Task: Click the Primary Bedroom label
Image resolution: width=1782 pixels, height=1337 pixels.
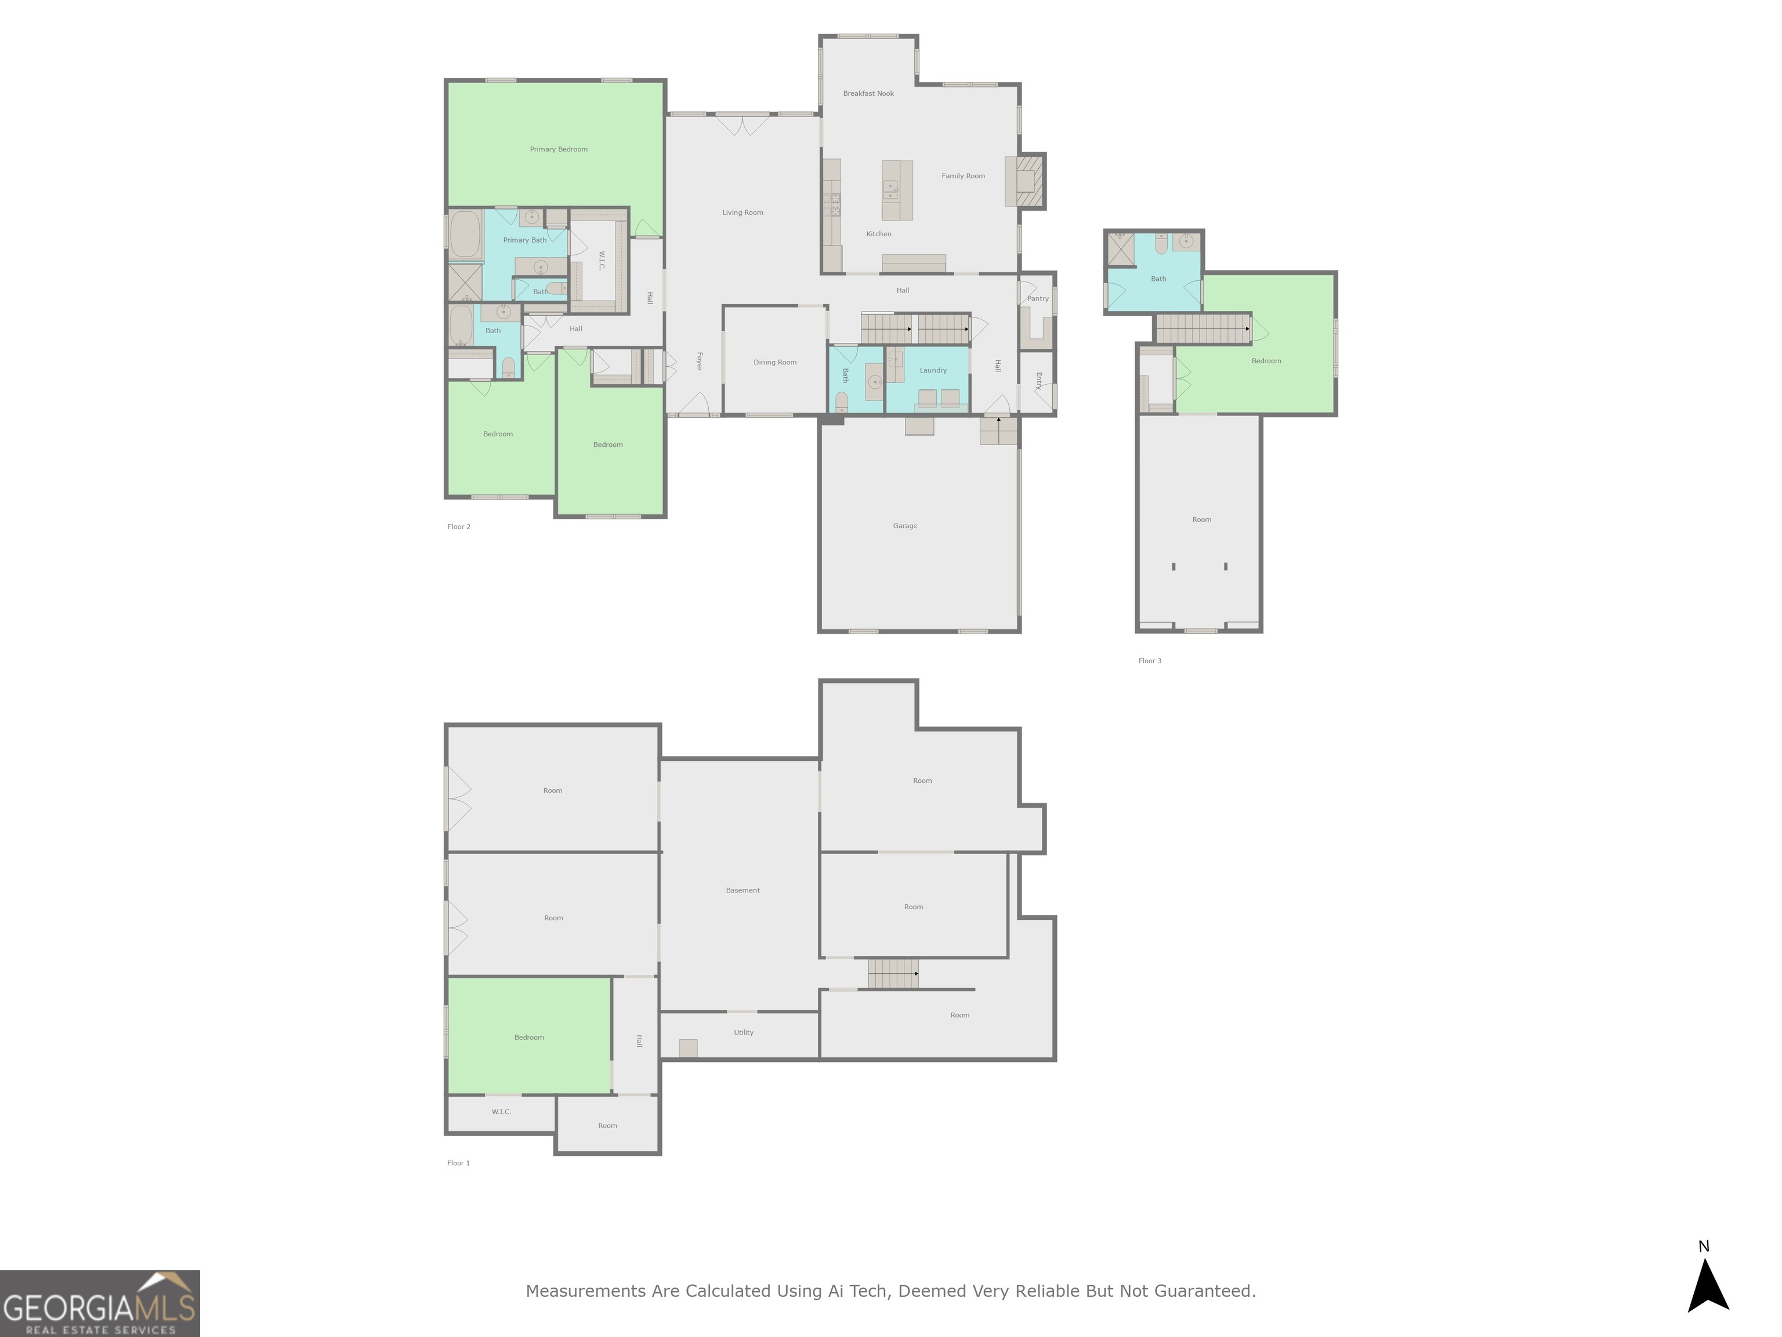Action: coord(558,149)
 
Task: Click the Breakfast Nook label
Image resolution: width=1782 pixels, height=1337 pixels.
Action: coord(868,93)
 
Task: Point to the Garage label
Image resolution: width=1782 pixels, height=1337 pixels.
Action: coord(905,525)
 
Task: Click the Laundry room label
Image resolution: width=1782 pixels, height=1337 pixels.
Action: coord(933,370)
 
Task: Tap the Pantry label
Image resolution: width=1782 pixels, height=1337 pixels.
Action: coord(1038,298)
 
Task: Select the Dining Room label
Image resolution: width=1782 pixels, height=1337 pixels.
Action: coord(775,362)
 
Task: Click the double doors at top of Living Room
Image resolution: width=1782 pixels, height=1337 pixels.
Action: coord(742,126)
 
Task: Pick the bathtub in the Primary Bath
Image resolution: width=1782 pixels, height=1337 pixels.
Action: coord(465,234)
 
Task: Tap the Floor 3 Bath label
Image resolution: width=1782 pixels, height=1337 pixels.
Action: coord(1158,279)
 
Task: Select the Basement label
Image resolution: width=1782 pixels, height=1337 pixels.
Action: coord(742,890)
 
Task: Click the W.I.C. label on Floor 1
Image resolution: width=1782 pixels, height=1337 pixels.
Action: coord(501,1111)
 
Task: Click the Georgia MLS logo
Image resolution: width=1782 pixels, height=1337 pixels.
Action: coord(100,1303)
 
